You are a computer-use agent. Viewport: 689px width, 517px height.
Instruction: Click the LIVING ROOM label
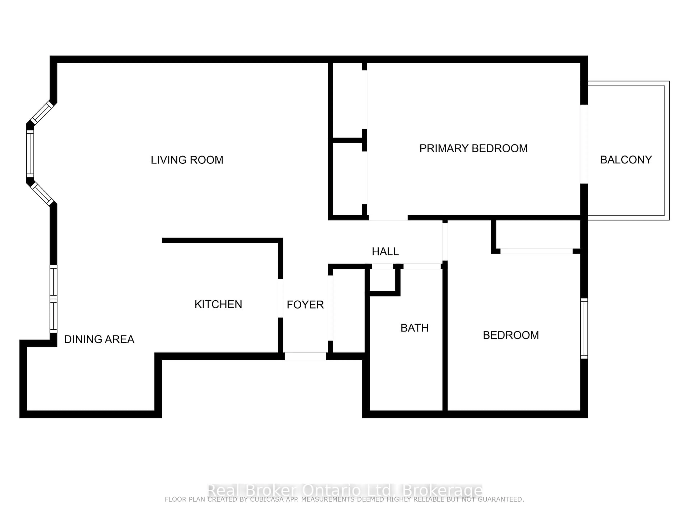click(x=187, y=160)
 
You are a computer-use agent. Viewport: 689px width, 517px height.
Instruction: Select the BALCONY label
click(x=626, y=160)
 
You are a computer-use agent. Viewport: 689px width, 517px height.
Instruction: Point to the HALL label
click(x=385, y=251)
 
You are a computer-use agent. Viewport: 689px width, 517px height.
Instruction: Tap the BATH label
click(x=414, y=328)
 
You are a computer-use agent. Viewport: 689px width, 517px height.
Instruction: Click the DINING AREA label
click(x=99, y=339)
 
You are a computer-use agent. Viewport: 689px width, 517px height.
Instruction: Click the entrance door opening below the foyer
click(x=305, y=356)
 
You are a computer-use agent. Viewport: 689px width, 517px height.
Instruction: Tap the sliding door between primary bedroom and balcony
click(x=584, y=144)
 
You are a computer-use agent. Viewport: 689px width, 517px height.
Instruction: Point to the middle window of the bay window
click(x=30, y=154)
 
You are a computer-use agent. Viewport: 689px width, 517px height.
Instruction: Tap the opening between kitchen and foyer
click(x=280, y=298)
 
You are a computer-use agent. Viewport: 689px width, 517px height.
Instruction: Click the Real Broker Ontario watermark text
click(x=344, y=490)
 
